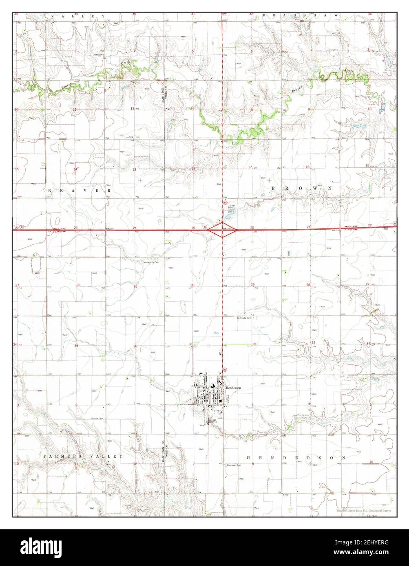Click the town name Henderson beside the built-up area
point(233,388)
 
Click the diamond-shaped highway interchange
point(223,230)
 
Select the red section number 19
point(193,228)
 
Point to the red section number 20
point(252,228)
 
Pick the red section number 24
point(134,228)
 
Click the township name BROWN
point(301,189)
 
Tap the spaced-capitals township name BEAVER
point(80,190)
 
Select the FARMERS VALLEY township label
point(83,457)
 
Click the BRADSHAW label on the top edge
point(300,15)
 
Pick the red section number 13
point(134,169)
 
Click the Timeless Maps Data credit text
point(363,511)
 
